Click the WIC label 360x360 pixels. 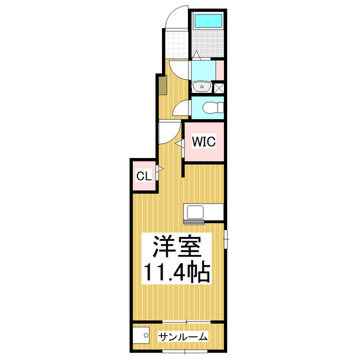click(204, 142)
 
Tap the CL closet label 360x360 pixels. click(143, 176)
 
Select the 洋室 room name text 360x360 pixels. click(174, 246)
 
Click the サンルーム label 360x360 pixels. click(183, 336)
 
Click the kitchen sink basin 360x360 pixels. click(196, 213)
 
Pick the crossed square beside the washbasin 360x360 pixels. click(219, 88)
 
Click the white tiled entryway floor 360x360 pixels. click(176, 42)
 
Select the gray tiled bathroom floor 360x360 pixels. click(206, 45)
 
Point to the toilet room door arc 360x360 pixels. click(181, 109)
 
